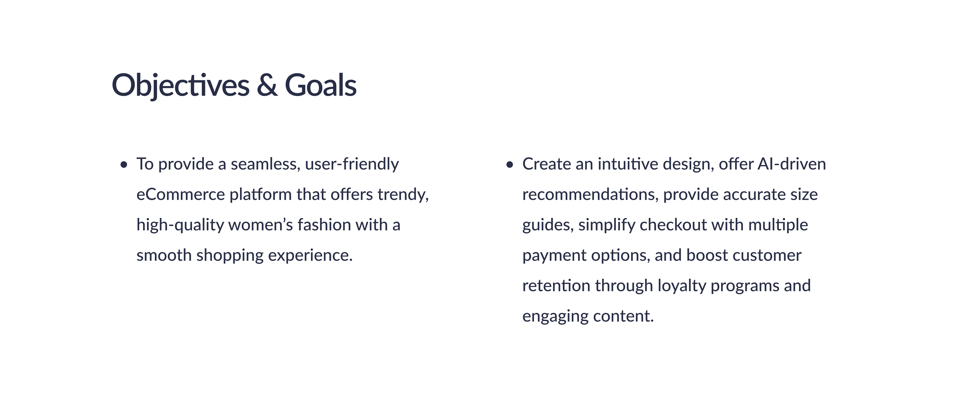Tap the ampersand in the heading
(x=267, y=85)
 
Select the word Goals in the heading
(x=321, y=85)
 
